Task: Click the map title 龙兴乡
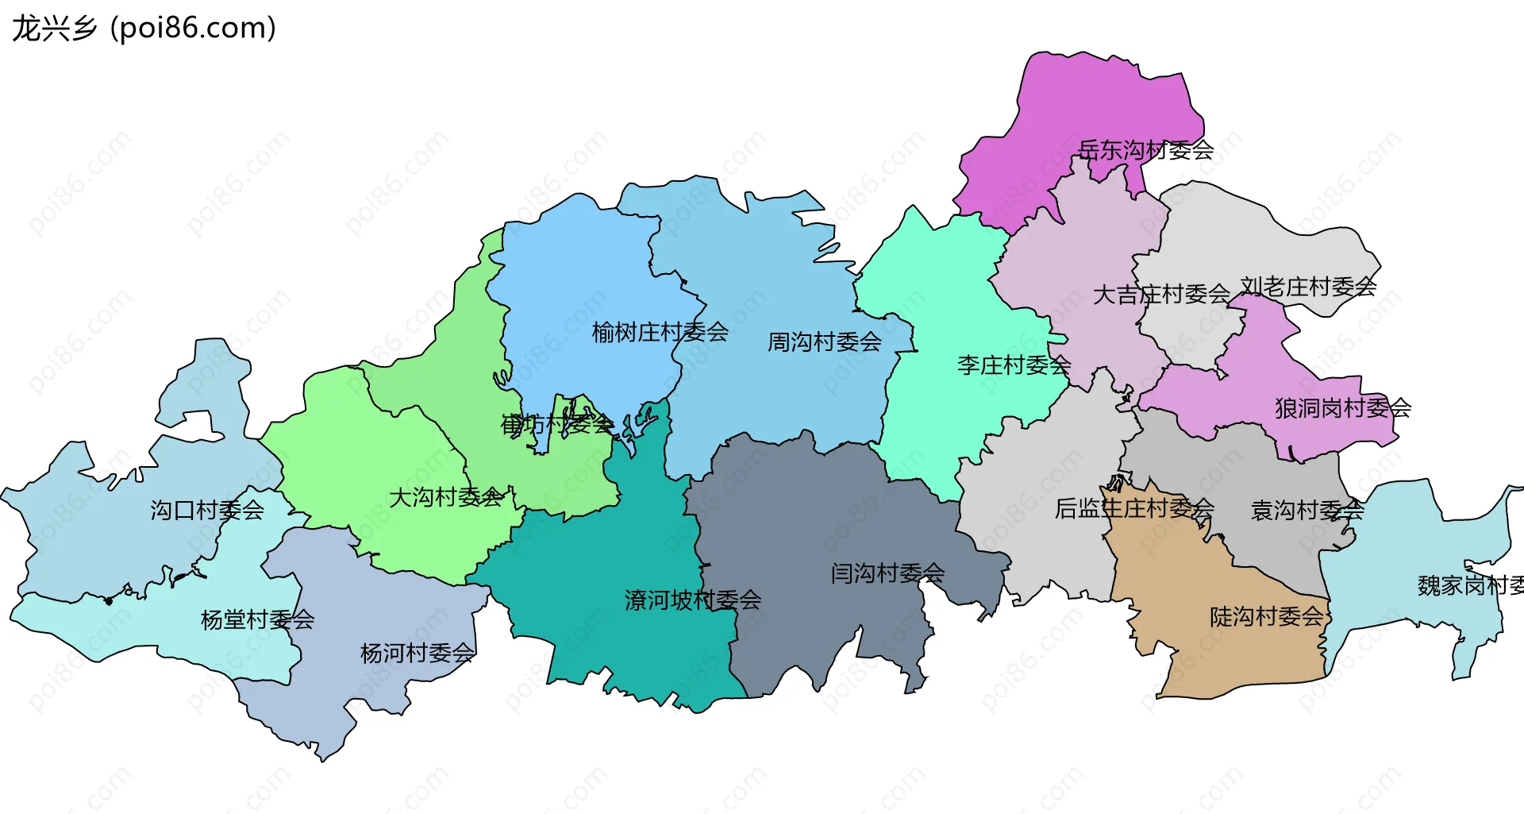[54, 29]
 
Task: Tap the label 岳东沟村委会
[1145, 150]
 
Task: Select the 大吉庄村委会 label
[1161, 295]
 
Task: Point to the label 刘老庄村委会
[1308, 287]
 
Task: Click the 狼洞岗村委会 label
[1343, 408]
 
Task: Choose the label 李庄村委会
[1014, 365]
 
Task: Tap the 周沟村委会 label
[824, 342]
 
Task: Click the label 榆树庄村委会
[660, 332]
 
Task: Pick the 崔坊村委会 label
[556, 424]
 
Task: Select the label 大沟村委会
[445, 498]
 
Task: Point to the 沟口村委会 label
[207, 510]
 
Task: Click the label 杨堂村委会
[257, 619]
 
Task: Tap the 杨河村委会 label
[417, 654]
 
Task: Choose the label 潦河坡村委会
[692, 600]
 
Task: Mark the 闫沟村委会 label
[887, 573]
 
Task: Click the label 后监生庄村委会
[1134, 508]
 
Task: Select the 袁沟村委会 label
[1307, 510]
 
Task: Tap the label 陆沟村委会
[1267, 616]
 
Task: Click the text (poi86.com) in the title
[194, 29]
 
